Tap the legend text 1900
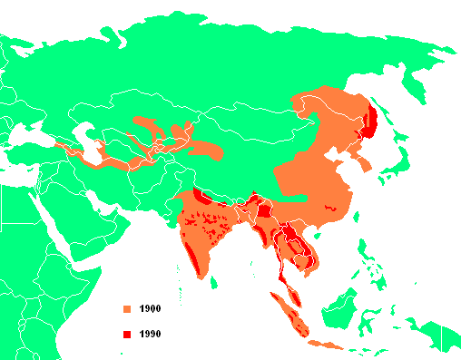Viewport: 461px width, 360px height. point(151,310)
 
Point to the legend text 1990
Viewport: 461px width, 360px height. point(151,336)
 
